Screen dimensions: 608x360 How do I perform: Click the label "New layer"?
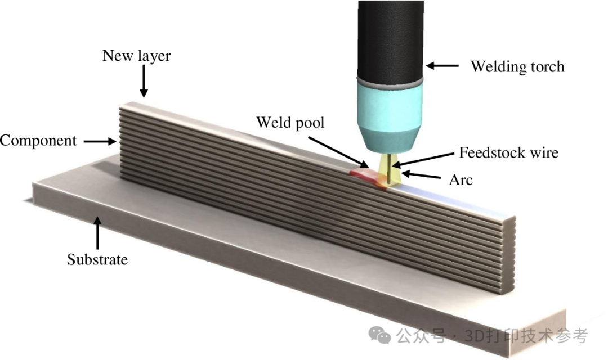(x=136, y=56)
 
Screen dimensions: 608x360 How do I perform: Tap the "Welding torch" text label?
(x=517, y=66)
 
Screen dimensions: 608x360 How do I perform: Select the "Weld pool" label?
(x=290, y=122)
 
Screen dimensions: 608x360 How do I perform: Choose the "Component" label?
(x=38, y=140)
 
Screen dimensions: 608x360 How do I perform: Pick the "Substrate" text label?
(x=97, y=259)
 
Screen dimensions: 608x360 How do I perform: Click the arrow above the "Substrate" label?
(x=98, y=233)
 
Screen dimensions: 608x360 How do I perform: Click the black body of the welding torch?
(x=390, y=39)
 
